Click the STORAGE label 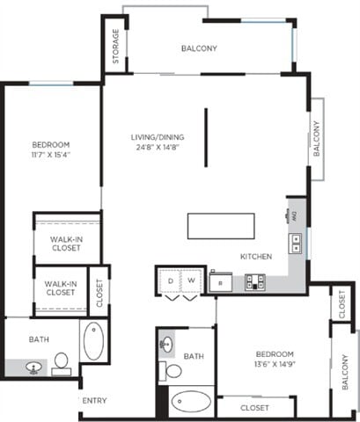click(x=115, y=47)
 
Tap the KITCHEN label click(x=256, y=256)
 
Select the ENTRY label click(x=94, y=401)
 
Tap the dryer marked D click(x=169, y=281)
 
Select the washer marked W click(x=190, y=281)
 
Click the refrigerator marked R click(x=220, y=282)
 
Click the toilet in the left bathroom click(x=62, y=361)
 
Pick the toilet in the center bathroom click(x=173, y=370)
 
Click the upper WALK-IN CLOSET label click(x=66, y=244)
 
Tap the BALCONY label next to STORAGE click(x=199, y=48)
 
